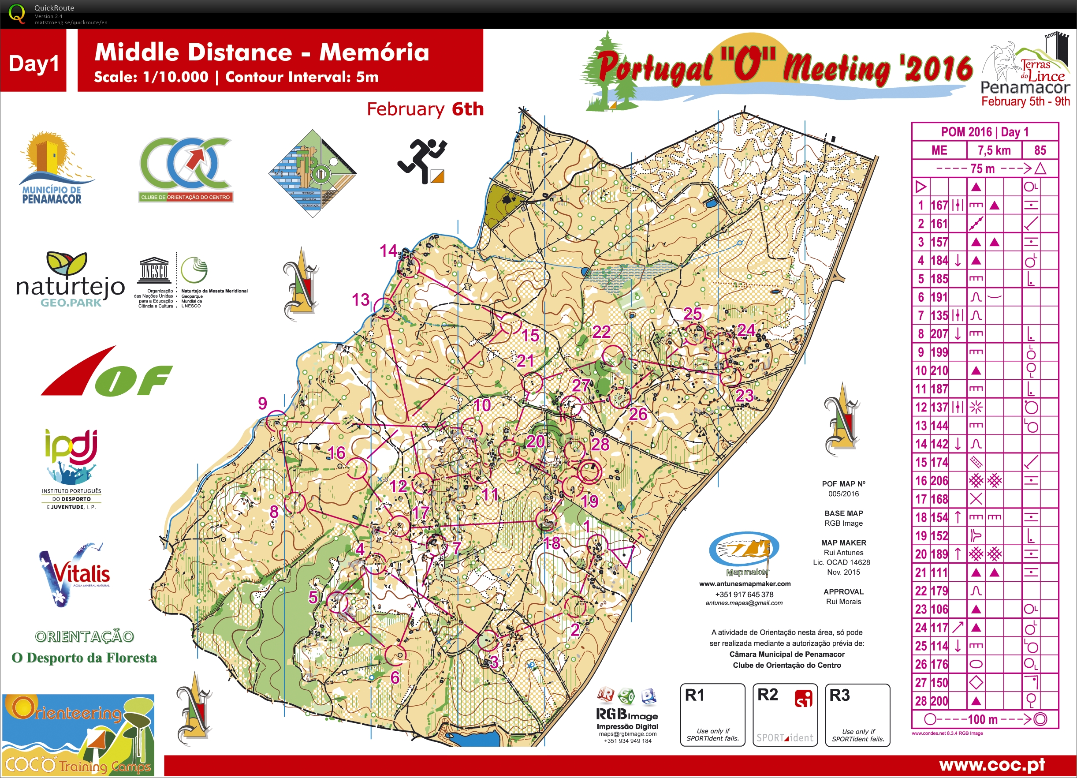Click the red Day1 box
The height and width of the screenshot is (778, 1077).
[33, 62]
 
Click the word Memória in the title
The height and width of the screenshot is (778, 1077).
[374, 52]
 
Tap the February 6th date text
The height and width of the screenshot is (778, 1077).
[425, 109]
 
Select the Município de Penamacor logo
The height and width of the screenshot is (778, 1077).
[53, 168]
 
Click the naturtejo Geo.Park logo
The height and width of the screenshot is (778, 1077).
[70, 280]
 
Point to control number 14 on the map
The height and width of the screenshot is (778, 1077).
[388, 251]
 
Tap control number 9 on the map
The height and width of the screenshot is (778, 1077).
[263, 404]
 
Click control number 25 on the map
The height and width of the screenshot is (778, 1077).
[692, 314]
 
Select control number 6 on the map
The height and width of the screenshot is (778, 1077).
[395, 677]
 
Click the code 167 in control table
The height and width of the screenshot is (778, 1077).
[939, 205]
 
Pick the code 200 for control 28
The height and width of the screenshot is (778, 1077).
[939, 701]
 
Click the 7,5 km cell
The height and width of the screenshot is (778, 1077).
[994, 150]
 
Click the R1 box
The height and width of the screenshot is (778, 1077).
[712, 715]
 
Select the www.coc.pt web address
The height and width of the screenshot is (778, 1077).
[991, 765]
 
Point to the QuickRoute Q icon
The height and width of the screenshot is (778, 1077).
[17, 13]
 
